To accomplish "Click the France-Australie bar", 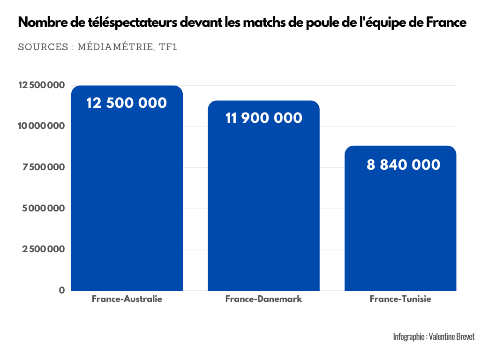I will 127,197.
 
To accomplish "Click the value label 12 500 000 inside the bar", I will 127,103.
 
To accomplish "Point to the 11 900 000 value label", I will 263,118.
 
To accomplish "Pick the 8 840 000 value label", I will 403,165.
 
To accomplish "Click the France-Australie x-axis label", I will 127,299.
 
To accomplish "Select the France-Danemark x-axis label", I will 263,299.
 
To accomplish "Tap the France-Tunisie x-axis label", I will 400,299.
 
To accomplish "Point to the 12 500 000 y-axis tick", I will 41,85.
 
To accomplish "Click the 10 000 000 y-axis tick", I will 41,126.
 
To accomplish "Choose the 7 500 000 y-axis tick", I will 43,167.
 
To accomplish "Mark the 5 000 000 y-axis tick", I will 43,208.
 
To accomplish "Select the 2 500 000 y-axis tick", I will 43,249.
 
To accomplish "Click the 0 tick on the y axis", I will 62,290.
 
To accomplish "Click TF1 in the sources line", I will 168,47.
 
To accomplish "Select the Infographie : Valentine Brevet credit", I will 434,337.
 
